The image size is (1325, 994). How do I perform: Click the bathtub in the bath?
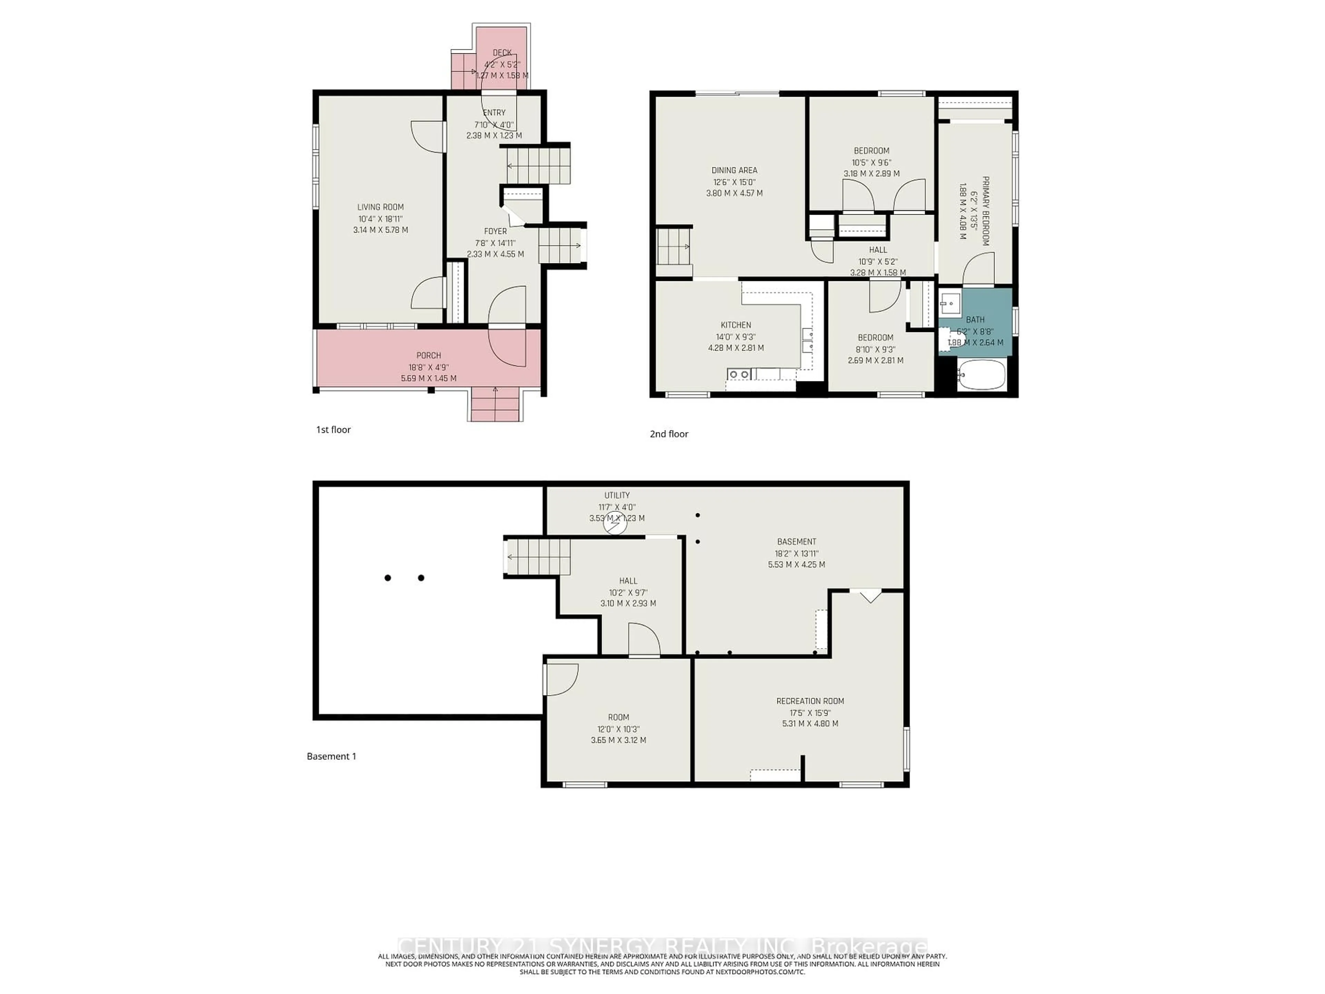point(981,375)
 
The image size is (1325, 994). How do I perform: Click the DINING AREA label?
point(734,170)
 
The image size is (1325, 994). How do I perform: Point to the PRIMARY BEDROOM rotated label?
point(985,211)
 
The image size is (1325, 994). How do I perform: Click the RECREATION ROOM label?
point(810,701)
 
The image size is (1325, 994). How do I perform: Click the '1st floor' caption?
point(333,430)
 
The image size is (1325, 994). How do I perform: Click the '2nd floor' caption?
point(668,434)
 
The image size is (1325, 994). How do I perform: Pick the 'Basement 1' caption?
point(331,756)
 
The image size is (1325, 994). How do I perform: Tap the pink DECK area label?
point(502,53)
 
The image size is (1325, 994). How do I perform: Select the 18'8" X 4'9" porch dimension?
point(428,367)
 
